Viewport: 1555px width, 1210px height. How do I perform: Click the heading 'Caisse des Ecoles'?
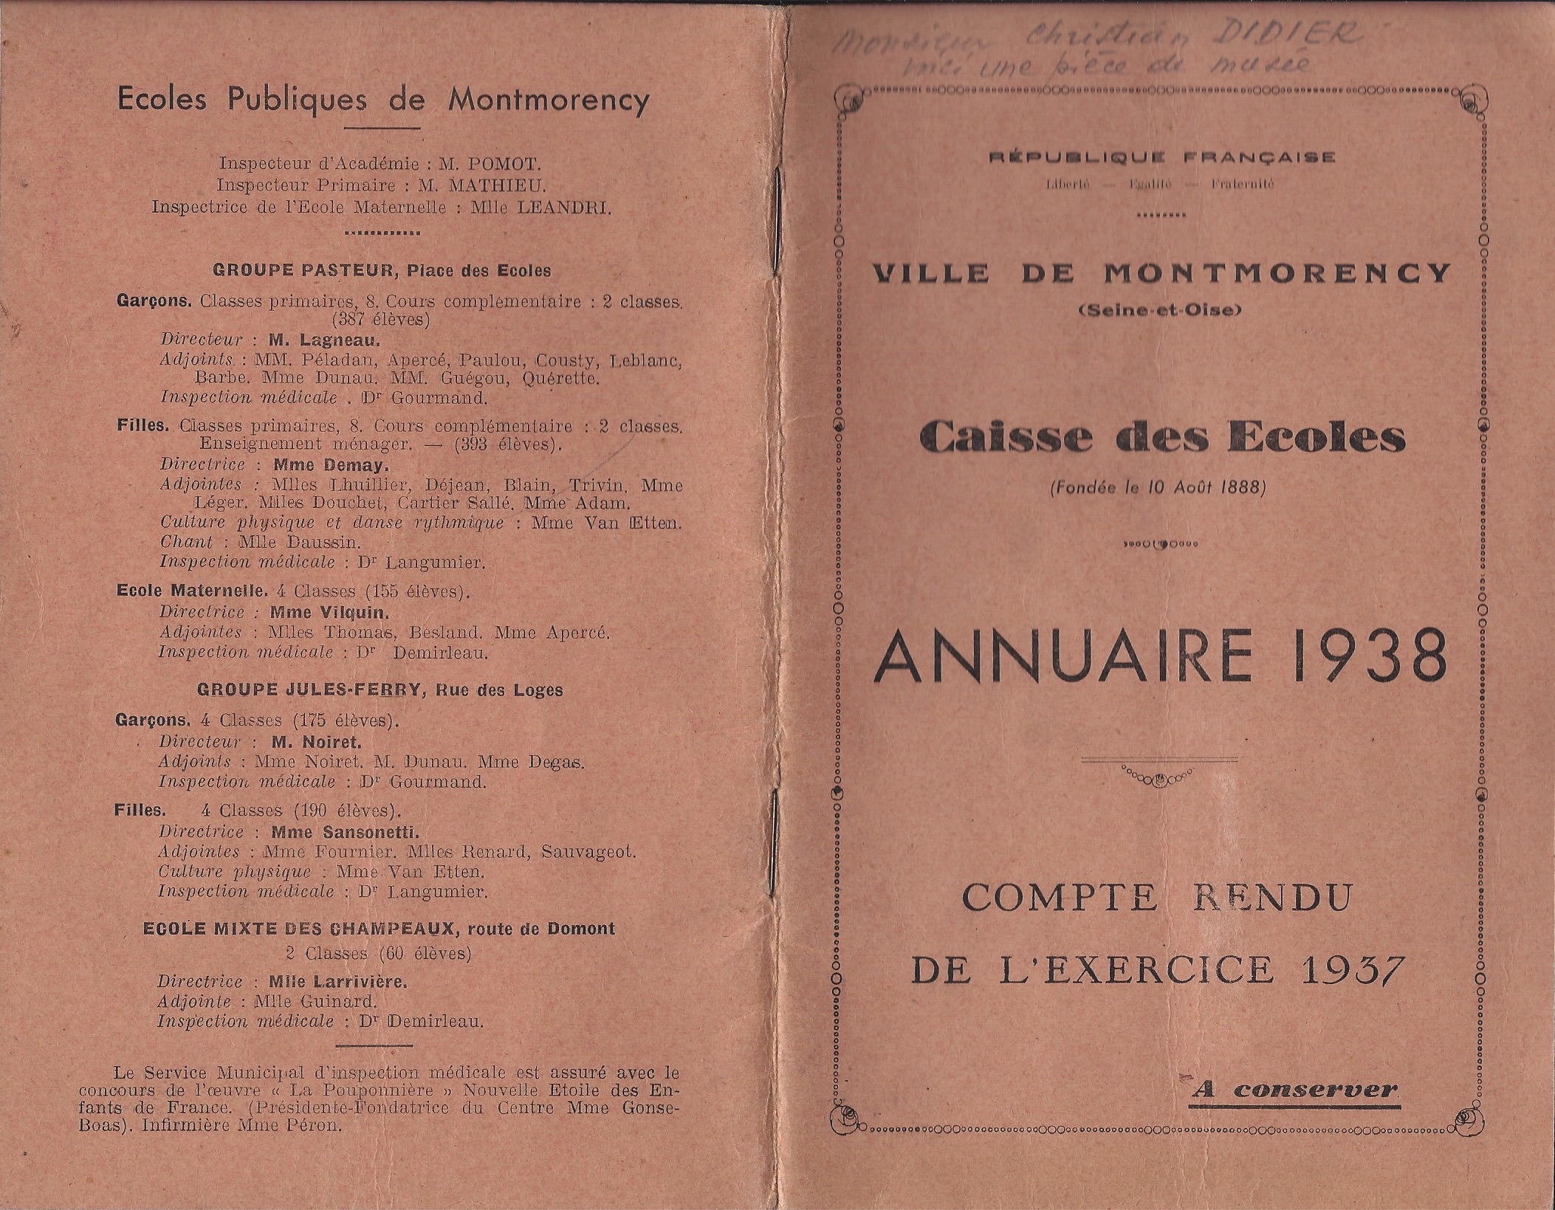pos(1162,439)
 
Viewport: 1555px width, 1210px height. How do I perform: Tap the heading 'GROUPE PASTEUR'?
pos(304,270)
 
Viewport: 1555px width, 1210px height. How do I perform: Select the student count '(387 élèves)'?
pos(381,320)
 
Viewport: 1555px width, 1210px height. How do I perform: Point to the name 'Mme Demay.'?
pos(330,465)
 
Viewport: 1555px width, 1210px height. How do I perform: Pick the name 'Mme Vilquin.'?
pos(329,612)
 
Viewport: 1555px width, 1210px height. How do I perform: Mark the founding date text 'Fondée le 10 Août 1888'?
pos(1158,487)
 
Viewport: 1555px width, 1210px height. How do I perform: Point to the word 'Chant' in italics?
pos(186,542)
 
